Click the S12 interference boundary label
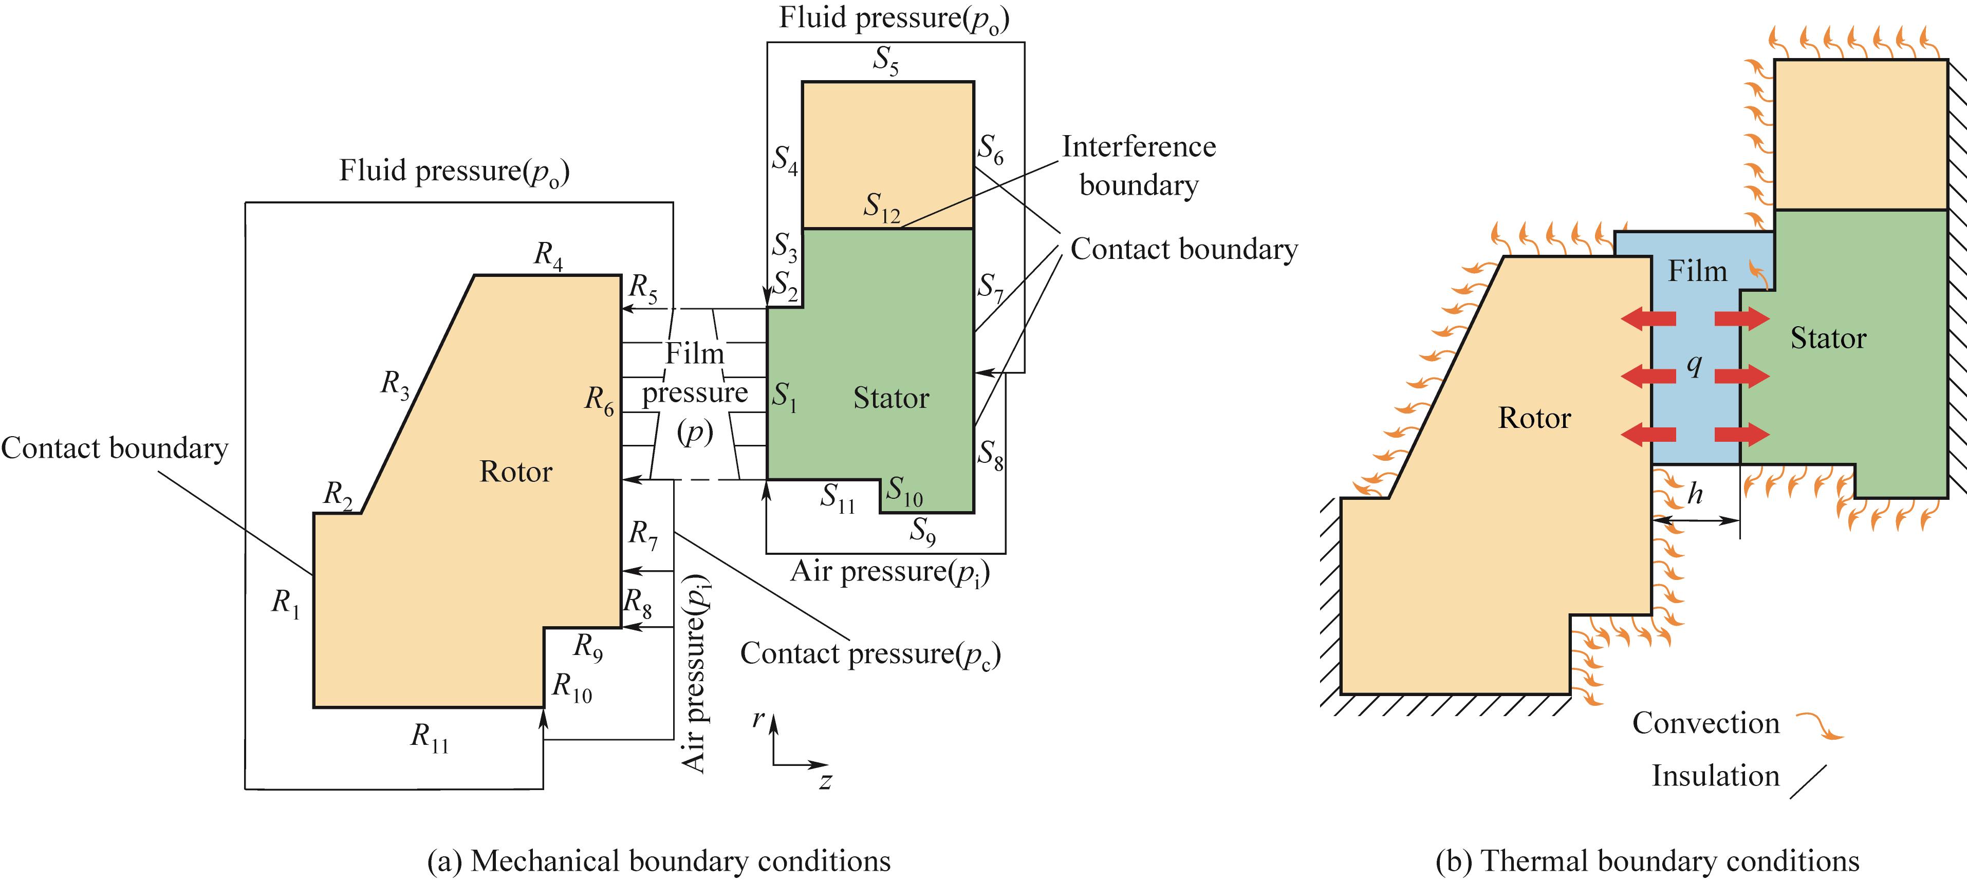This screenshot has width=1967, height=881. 881,208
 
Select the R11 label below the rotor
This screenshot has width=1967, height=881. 429,738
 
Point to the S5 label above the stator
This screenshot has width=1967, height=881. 886,60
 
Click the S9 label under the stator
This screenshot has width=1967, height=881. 922,531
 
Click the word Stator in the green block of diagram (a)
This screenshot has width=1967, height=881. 890,399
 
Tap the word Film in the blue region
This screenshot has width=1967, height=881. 1697,271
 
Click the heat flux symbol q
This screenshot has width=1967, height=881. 1694,365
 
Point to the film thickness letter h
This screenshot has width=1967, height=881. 1695,494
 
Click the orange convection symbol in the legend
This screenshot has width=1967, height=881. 1819,726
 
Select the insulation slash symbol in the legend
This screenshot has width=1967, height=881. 1808,782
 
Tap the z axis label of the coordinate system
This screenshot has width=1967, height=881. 825,781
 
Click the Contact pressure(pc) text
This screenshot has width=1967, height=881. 870,654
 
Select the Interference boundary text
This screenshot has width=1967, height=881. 1139,165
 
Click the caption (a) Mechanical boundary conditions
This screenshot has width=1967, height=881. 658,861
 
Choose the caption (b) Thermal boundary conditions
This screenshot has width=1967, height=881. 1646,861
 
